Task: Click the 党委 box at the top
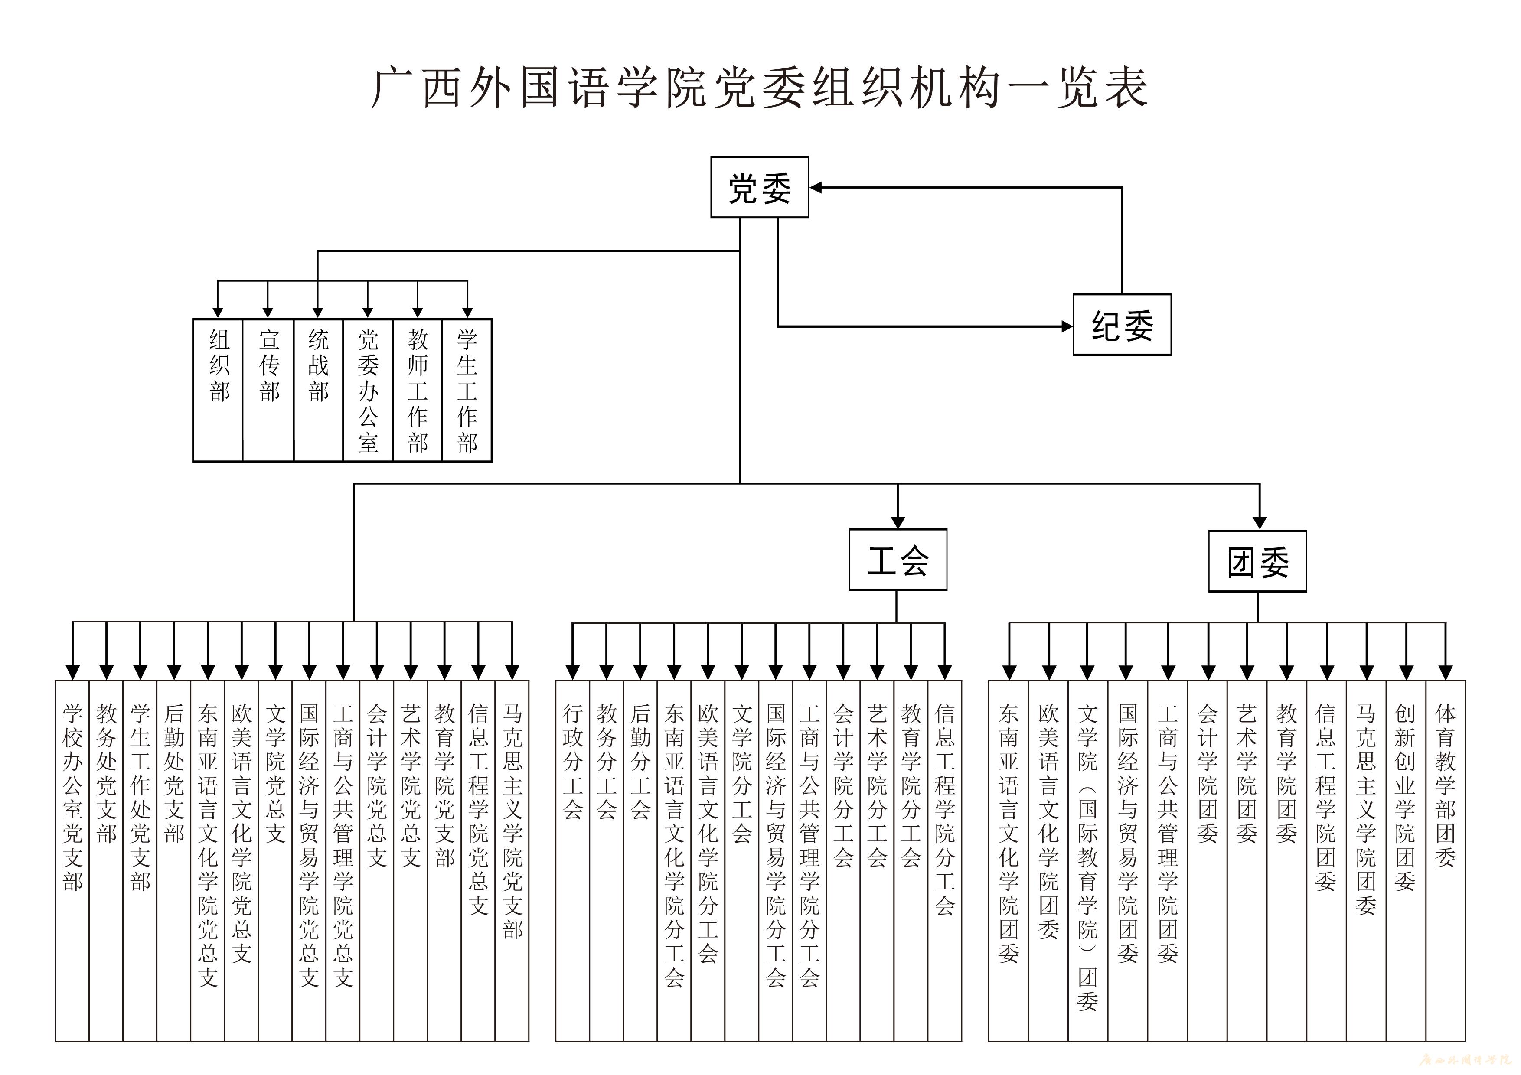pos(759,187)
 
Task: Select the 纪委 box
pos(1122,325)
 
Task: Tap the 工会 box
pos(898,560)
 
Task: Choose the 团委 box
pos(1257,561)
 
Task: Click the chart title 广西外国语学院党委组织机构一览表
pos(759,88)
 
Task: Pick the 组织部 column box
pos(218,390)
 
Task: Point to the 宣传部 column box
pos(268,390)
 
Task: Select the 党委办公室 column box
pos(368,390)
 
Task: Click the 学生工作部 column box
pos(467,390)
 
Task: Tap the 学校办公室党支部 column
pos(72,860)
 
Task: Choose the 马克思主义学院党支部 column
pos(512,860)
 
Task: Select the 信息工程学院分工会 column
pos(945,860)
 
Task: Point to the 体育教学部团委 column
pos(1446,860)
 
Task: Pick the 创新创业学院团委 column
pos(1406,860)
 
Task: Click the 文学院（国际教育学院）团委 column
pos(1088,860)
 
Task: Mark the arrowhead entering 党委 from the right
pos(816,187)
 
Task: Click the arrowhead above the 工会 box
pos(898,522)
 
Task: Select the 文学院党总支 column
pos(276,860)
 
